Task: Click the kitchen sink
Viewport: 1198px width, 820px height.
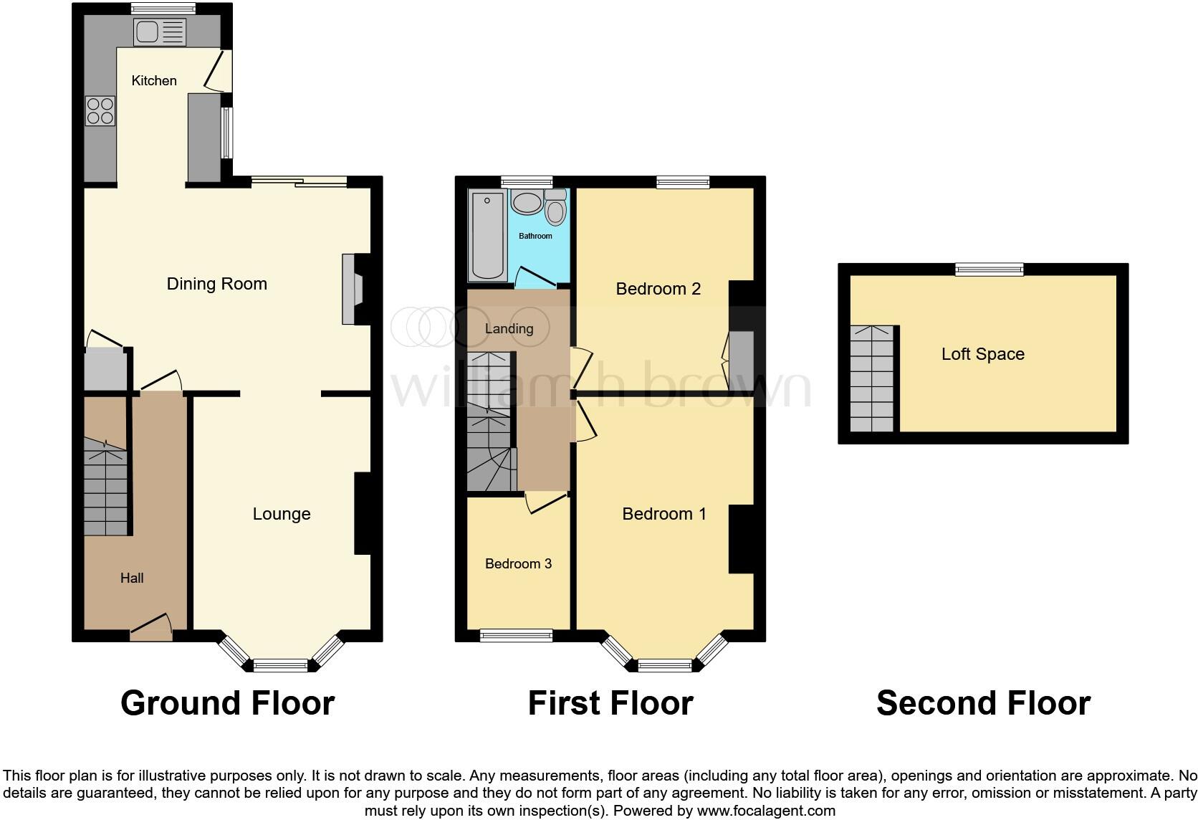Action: tap(160, 32)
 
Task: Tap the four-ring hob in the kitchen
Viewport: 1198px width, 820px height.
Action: tap(100, 110)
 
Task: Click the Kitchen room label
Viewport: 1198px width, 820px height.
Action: tap(154, 80)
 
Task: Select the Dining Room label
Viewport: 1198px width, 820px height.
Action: tap(216, 284)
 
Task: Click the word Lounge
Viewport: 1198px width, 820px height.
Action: tap(282, 514)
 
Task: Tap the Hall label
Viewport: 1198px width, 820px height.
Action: tap(132, 578)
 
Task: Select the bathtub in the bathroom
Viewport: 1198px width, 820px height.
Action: tap(487, 236)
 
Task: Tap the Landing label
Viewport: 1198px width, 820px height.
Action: tap(509, 329)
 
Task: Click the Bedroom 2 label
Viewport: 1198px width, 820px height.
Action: tap(658, 289)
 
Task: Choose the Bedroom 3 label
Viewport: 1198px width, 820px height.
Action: tap(518, 563)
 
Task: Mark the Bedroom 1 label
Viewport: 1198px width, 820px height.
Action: tap(664, 514)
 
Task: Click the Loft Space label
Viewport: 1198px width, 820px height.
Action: tap(982, 354)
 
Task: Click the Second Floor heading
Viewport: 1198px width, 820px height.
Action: tap(983, 703)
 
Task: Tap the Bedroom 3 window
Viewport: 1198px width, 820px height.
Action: tap(516, 635)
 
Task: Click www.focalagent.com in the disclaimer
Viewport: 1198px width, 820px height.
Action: tap(766, 811)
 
